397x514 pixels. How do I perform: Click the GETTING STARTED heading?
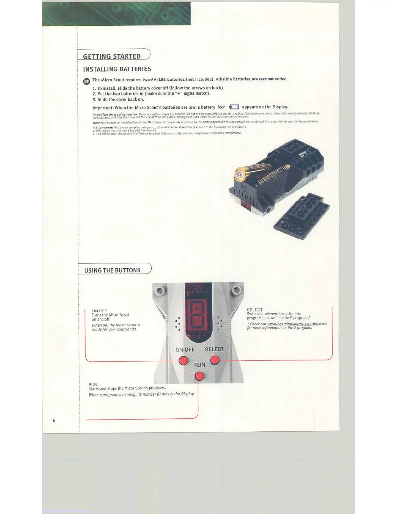point(112,56)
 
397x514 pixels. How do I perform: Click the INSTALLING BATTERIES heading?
point(117,69)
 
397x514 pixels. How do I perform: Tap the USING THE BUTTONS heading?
point(112,270)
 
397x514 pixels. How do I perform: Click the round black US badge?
point(87,81)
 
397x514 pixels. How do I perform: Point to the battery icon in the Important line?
point(234,107)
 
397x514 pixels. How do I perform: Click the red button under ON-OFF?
point(183,361)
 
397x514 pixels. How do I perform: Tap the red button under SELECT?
point(215,360)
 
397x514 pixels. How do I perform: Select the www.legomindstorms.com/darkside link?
point(297,324)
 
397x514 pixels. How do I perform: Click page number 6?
point(54,420)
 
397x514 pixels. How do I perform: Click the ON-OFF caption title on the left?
point(99,311)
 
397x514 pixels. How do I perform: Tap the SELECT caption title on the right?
point(255,310)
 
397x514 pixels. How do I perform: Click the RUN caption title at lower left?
point(93,384)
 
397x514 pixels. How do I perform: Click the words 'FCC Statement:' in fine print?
point(102,128)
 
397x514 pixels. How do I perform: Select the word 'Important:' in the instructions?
point(103,108)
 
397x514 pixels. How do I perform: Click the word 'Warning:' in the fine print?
point(98,123)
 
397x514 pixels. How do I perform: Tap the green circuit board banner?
point(116,14)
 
